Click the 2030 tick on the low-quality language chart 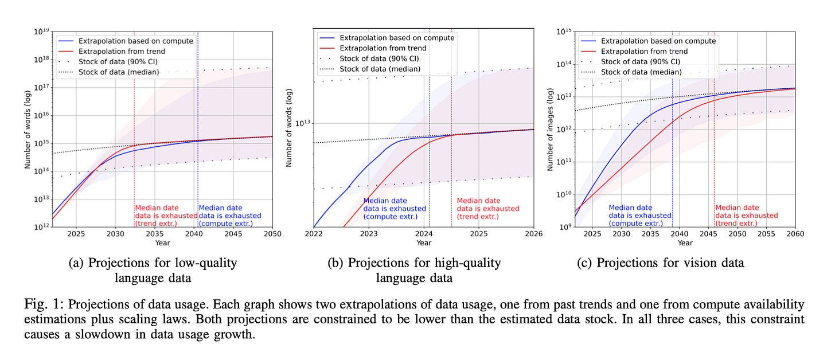tap(115, 234)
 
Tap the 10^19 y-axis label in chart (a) tap(41, 32)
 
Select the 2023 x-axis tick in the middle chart tap(369, 234)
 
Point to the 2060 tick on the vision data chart tap(795, 234)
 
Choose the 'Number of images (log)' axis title tap(550, 130)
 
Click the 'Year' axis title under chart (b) tap(423, 242)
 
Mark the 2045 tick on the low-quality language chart tap(233, 234)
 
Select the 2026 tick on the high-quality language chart tap(533, 234)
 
